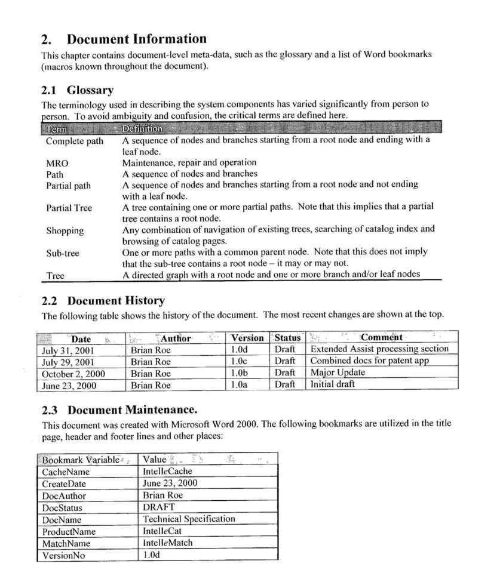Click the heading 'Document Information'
point(136,39)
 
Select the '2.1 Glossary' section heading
point(77,90)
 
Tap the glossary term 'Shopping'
point(65,231)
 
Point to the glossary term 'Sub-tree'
point(62,254)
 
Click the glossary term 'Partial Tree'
point(69,208)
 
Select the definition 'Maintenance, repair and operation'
point(189,162)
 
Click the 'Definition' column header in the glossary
point(142,129)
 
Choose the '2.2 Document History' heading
point(103,300)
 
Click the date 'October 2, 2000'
point(72,374)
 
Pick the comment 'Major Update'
point(338,373)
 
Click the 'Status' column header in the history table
point(287,338)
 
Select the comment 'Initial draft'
point(332,384)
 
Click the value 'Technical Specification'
point(189,519)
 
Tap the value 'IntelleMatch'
point(167,543)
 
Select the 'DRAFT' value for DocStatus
point(159,507)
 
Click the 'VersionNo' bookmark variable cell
point(63,555)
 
